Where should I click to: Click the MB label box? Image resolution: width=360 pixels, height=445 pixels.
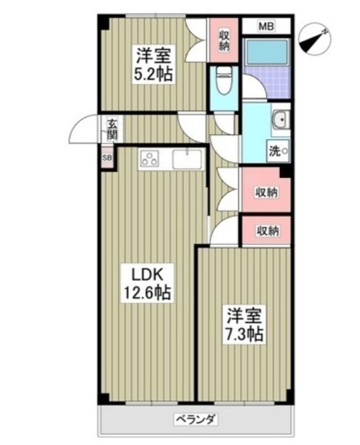tap(266, 27)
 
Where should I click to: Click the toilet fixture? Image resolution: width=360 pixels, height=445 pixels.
tap(223, 82)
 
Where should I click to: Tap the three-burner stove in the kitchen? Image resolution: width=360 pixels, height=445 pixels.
tap(151, 159)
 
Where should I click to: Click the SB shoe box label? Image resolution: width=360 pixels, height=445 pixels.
tap(107, 157)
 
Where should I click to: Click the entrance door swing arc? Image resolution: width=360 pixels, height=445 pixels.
tap(84, 130)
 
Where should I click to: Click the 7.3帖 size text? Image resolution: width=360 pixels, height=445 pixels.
tap(244, 334)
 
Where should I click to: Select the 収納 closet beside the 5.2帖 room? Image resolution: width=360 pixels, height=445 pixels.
tap(224, 40)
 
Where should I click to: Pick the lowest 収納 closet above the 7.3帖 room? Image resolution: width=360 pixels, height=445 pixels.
tap(266, 231)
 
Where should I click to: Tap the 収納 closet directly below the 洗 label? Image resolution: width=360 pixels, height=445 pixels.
tap(266, 192)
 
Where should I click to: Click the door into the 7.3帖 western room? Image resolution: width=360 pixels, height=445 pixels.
tap(224, 231)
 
